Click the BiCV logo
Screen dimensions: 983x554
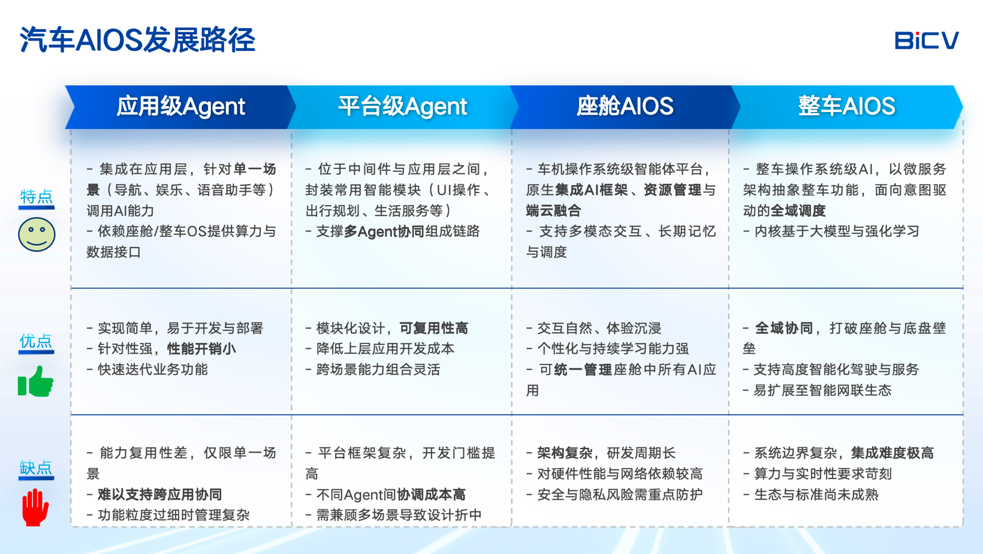[x=927, y=40]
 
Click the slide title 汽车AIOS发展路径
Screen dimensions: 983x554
[x=137, y=40]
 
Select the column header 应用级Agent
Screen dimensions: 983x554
[x=180, y=106]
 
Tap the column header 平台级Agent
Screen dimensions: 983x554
[x=402, y=106]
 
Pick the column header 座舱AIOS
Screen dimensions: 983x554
[x=625, y=106]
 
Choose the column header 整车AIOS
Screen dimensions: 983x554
[x=846, y=106]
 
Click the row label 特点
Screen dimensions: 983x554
[x=37, y=196]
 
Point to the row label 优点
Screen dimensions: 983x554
[x=36, y=341]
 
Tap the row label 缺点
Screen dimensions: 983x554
[x=36, y=468]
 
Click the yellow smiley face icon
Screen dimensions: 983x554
[x=37, y=234]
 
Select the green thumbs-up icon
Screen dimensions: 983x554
[x=35, y=381]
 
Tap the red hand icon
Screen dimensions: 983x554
[x=35, y=507]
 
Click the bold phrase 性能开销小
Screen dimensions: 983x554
[x=201, y=349]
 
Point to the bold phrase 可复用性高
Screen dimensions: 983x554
[x=433, y=329]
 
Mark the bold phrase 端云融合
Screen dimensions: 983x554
[x=553, y=210]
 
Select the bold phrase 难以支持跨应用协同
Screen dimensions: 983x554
[x=159, y=495]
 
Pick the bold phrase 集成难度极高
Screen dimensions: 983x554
[x=892, y=453]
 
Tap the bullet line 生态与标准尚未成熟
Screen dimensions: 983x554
[x=810, y=495]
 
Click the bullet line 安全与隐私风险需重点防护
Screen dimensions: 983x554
[x=614, y=495]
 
